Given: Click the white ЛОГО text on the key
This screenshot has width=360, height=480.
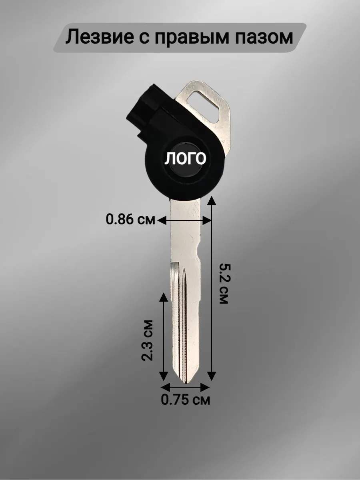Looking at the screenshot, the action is coord(185,158).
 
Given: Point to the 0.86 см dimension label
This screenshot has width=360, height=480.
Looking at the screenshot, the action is coord(130,219).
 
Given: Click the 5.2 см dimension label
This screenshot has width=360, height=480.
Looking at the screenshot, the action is coord(224,284).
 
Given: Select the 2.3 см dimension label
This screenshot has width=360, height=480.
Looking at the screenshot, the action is coord(147,340).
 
